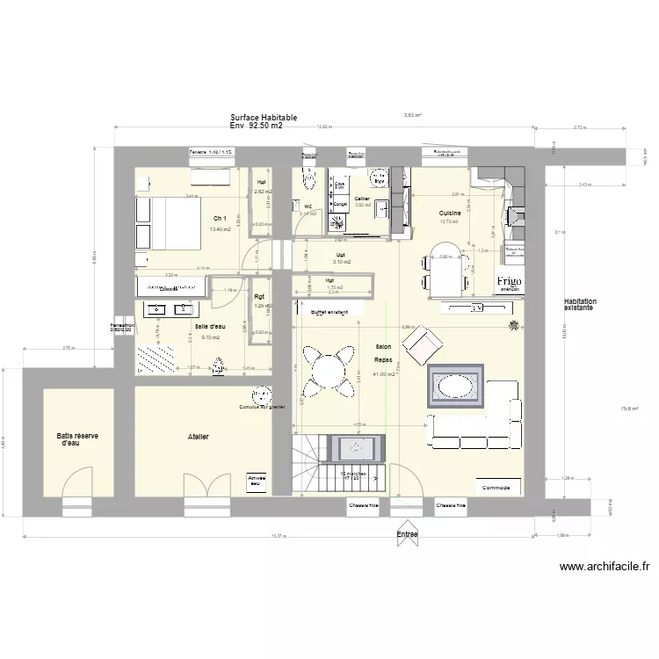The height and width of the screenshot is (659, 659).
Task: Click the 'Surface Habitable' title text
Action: click(x=264, y=117)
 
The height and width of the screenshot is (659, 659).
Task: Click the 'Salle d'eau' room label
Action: click(x=210, y=326)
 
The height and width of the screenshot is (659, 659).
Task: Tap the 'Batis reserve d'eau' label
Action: click(x=78, y=439)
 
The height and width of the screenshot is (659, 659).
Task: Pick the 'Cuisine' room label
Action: click(x=451, y=213)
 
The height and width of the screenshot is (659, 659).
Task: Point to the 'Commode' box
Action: click(x=497, y=487)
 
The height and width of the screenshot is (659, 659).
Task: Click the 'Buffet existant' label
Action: click(x=329, y=312)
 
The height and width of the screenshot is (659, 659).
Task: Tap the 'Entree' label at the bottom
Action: click(x=407, y=533)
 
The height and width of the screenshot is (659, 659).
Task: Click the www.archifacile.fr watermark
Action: click(x=605, y=568)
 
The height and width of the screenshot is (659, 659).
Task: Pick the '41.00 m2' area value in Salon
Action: click(x=384, y=374)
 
